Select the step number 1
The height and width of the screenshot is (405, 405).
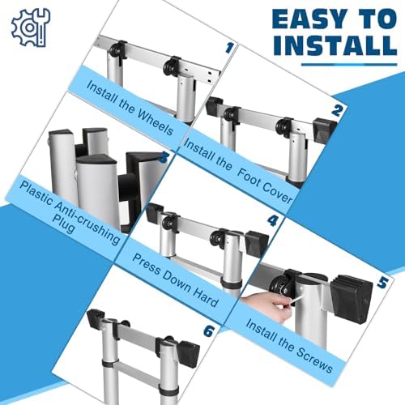[x=229, y=49]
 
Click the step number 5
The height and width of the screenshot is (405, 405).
[x=383, y=284]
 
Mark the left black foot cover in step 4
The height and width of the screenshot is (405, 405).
[x=155, y=213]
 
